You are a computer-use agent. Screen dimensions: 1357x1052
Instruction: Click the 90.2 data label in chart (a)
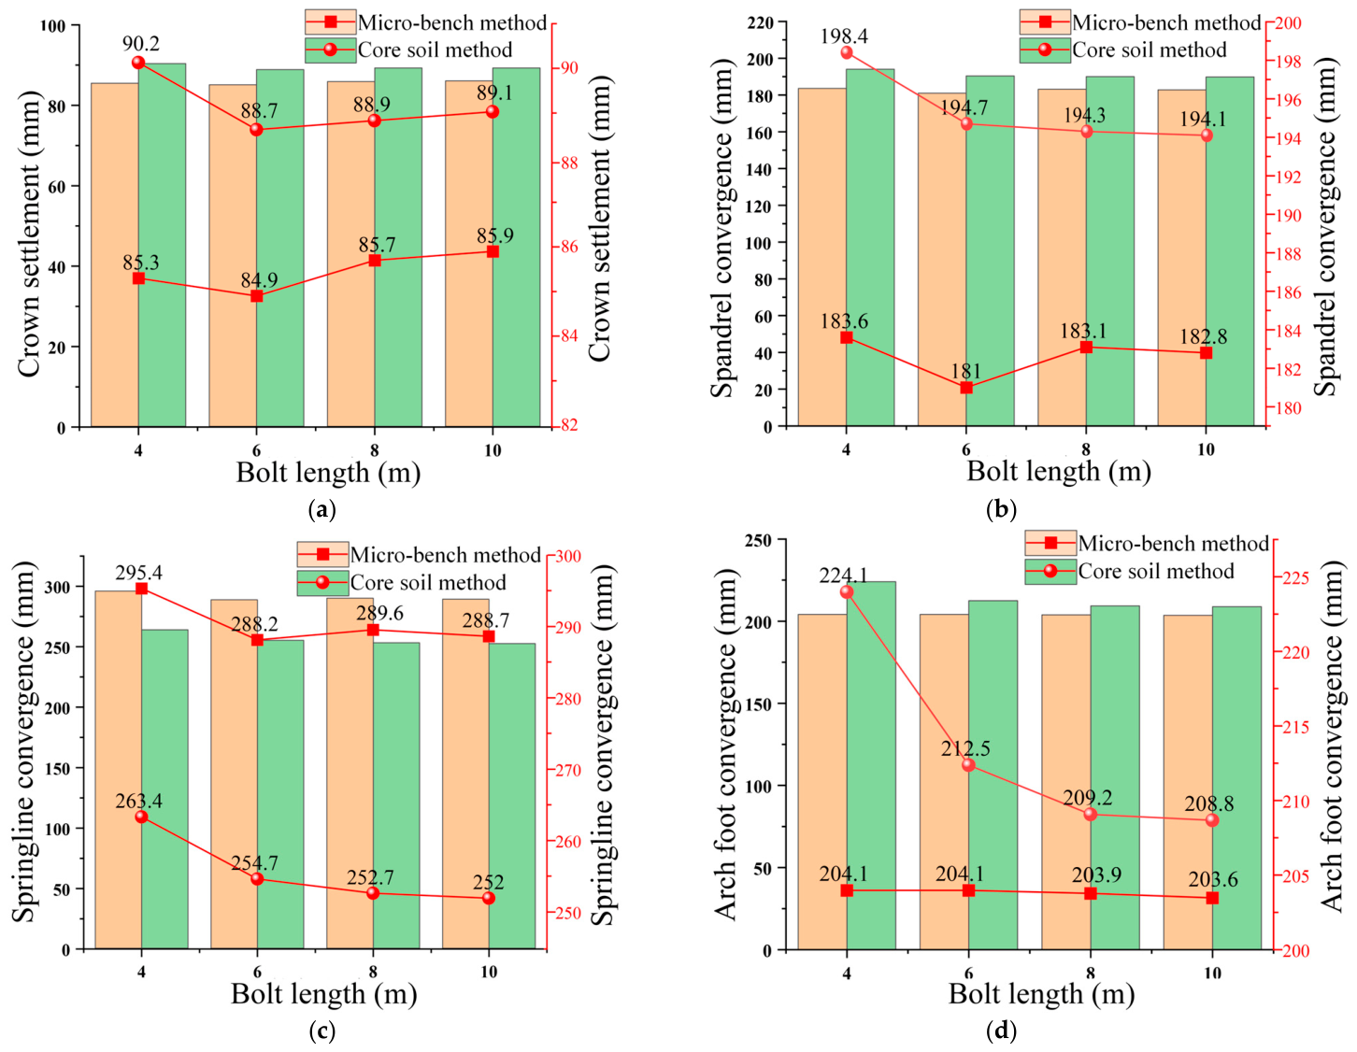click(x=140, y=44)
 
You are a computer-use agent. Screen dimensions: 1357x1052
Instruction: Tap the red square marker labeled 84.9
click(x=256, y=296)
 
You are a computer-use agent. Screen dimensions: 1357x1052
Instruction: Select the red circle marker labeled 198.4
click(x=847, y=52)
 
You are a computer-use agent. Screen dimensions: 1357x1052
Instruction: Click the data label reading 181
click(x=966, y=371)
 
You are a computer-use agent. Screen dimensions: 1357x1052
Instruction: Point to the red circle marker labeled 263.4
click(x=142, y=817)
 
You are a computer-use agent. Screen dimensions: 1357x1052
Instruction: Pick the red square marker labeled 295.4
click(x=142, y=588)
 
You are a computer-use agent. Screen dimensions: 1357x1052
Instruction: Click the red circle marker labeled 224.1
click(x=847, y=592)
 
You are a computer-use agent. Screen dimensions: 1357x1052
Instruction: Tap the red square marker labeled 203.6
click(x=1212, y=898)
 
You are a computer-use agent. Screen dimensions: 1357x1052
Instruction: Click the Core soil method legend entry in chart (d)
click(x=1129, y=571)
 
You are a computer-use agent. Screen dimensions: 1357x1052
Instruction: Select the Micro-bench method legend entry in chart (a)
click(x=426, y=22)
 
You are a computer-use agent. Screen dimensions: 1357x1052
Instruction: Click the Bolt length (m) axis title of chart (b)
click(x=1059, y=472)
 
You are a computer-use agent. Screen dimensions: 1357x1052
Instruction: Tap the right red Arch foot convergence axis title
click(x=1331, y=736)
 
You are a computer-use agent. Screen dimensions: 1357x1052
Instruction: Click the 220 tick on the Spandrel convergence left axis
click(x=761, y=22)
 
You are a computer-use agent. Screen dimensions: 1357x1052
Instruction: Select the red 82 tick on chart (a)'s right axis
click(x=569, y=425)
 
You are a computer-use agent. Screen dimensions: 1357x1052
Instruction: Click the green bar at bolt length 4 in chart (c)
click(x=164, y=789)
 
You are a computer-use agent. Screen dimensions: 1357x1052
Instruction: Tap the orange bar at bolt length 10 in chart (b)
click(x=1181, y=258)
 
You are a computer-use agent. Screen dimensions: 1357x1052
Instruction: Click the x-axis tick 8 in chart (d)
click(x=1091, y=972)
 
